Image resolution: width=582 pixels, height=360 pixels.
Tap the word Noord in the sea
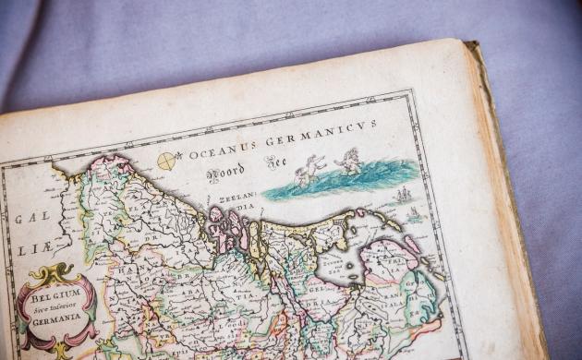pyautogui.click(x=224, y=175)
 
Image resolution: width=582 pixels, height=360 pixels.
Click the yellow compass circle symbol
pyautogui.click(x=166, y=162)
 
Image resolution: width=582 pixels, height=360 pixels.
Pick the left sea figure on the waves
pyautogui.click(x=310, y=170)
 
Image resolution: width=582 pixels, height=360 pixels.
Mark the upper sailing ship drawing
pyautogui.click(x=403, y=195)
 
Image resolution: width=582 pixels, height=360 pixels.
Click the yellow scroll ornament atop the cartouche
pyautogui.click(x=55, y=274)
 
